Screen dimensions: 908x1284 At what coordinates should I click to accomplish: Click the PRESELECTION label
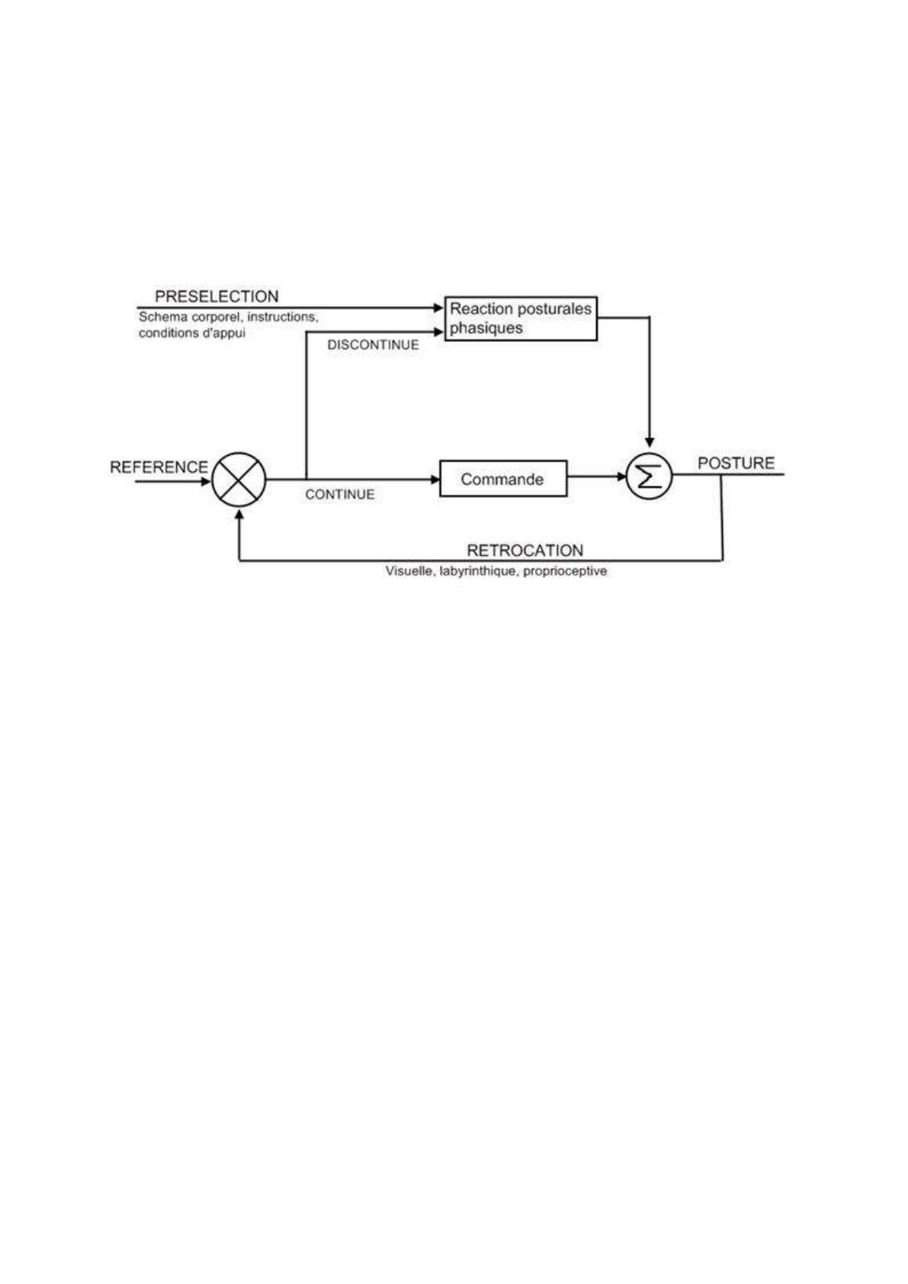pos(217,297)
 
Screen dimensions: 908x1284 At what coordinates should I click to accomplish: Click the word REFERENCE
pos(159,467)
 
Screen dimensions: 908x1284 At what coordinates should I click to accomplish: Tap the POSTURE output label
pos(736,463)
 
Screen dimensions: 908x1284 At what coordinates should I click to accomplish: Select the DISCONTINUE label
pos(373,345)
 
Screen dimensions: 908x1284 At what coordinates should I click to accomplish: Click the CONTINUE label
pos(339,494)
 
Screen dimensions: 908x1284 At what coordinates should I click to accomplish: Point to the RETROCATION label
pos(525,551)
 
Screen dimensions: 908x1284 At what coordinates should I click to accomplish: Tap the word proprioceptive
pos(565,572)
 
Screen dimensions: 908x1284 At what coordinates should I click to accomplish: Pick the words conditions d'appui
pos(192,333)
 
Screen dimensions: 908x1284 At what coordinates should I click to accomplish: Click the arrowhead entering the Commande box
pos(435,479)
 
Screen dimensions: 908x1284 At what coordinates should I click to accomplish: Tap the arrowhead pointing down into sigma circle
pos(649,442)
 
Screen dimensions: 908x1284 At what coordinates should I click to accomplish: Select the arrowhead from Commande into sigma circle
pos(621,476)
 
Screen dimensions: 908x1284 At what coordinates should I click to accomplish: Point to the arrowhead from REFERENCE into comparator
pos(207,482)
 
